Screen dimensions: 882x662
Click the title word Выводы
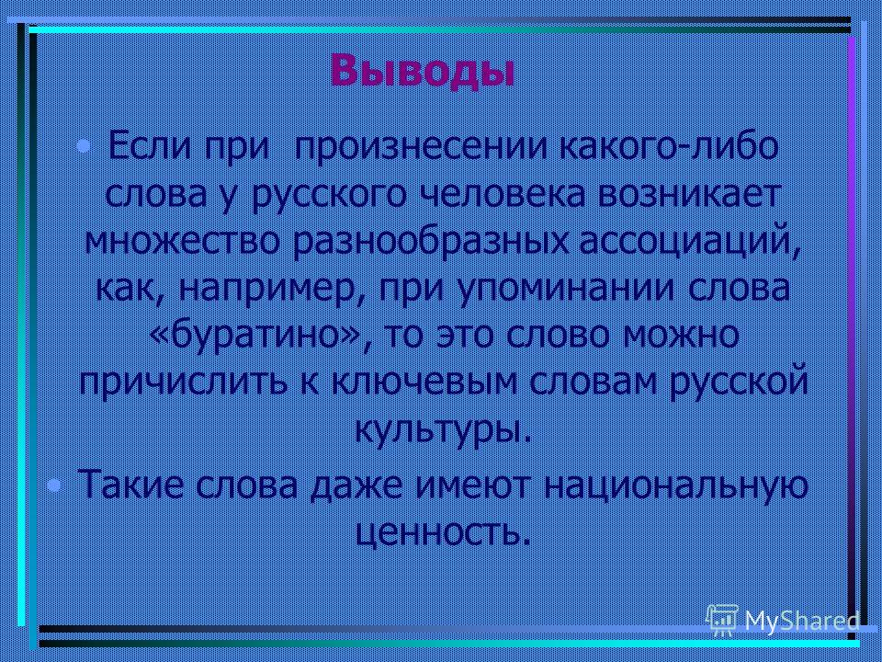[423, 71]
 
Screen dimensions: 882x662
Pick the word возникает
[687, 195]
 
